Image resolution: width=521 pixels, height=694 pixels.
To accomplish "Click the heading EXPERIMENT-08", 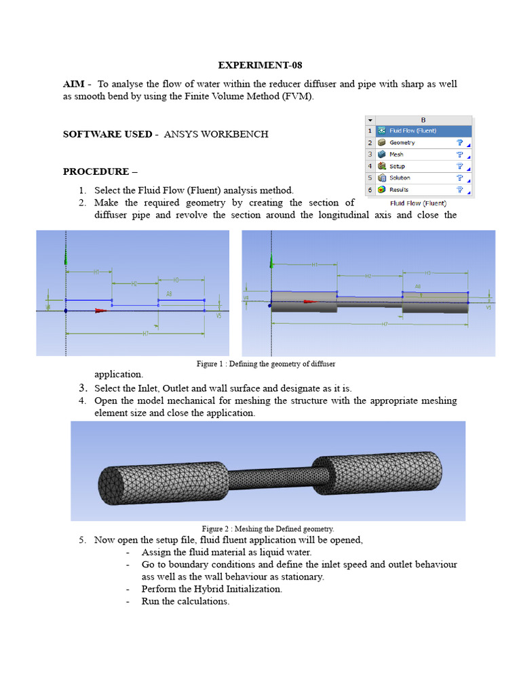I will [x=260, y=66].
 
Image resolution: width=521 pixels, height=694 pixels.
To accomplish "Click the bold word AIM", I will [x=73, y=84].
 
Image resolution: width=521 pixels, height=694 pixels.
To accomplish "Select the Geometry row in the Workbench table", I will [x=402, y=143].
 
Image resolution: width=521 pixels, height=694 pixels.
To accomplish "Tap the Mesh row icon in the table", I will [x=383, y=155].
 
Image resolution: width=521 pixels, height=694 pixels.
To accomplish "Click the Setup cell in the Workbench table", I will [x=397, y=166].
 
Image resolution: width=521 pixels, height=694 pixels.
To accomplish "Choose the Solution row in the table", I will [x=400, y=178].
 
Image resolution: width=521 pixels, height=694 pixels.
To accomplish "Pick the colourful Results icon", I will [x=383, y=190].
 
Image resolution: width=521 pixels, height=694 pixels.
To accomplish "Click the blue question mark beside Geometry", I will [x=459, y=143].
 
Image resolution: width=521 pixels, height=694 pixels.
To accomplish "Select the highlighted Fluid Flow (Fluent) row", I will [x=412, y=131].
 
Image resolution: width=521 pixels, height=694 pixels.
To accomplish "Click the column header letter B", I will [x=423, y=120].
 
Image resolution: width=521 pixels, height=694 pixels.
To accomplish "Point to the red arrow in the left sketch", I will [x=100, y=311].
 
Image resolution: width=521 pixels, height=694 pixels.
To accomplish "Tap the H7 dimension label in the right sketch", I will [x=384, y=325].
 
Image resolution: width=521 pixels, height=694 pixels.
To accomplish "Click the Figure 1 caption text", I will [x=266, y=364].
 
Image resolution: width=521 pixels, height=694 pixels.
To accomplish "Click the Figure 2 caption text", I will [x=267, y=529].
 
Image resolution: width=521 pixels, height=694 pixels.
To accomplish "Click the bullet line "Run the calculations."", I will [x=185, y=601].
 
